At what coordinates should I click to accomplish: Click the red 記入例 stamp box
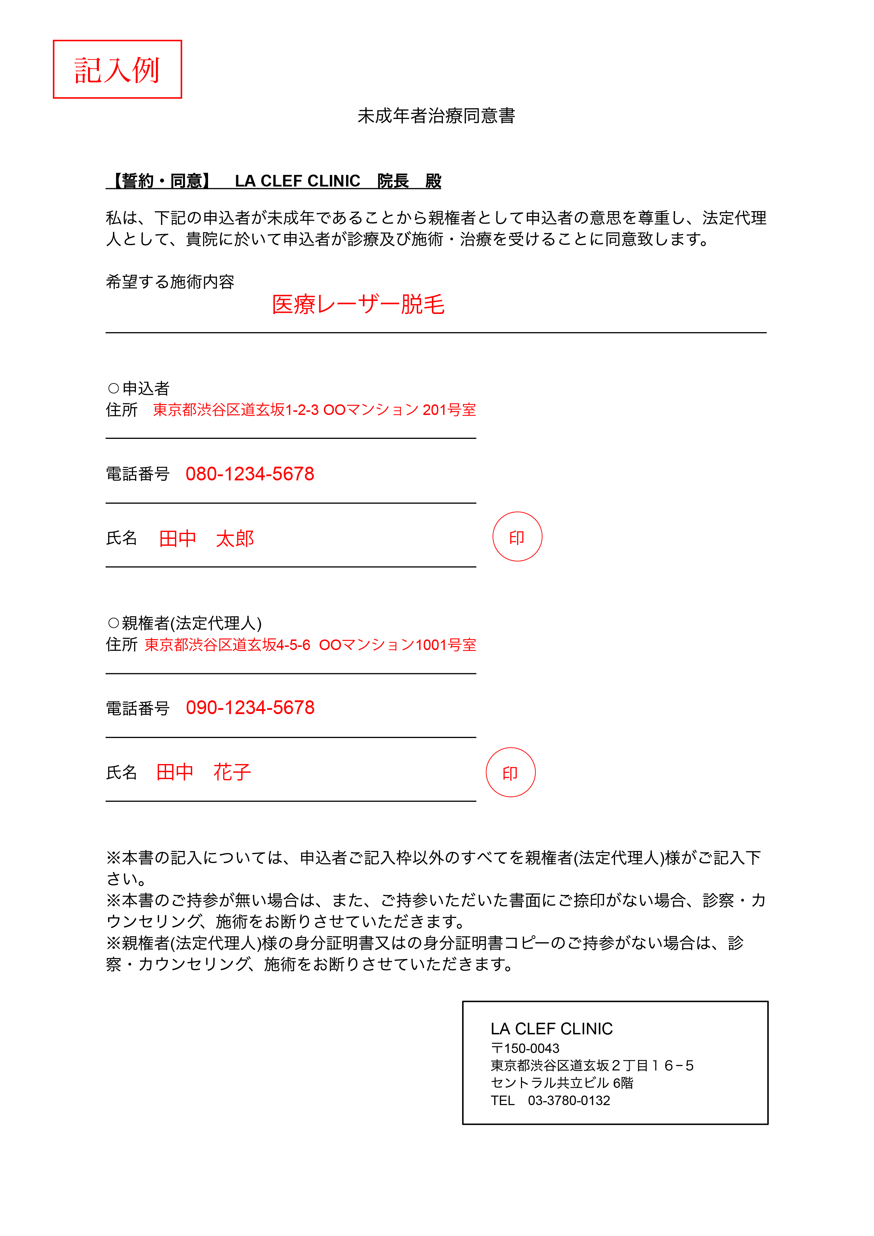118,69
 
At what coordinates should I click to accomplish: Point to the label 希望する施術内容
170,282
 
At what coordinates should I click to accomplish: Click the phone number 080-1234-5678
250,474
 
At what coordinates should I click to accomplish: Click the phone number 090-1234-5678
250,707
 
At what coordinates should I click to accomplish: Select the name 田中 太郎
206,538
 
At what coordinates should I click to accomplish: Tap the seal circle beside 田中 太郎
517,537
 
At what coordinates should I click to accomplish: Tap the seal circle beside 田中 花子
510,772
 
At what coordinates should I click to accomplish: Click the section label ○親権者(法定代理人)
184,623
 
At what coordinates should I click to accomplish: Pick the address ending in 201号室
314,410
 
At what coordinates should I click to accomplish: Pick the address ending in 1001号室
310,645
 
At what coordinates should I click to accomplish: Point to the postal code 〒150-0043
525,1048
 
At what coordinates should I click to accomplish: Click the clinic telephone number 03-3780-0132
569,1101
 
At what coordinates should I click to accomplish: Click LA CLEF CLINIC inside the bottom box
552,1029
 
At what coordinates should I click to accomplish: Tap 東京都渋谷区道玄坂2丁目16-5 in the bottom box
592,1065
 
